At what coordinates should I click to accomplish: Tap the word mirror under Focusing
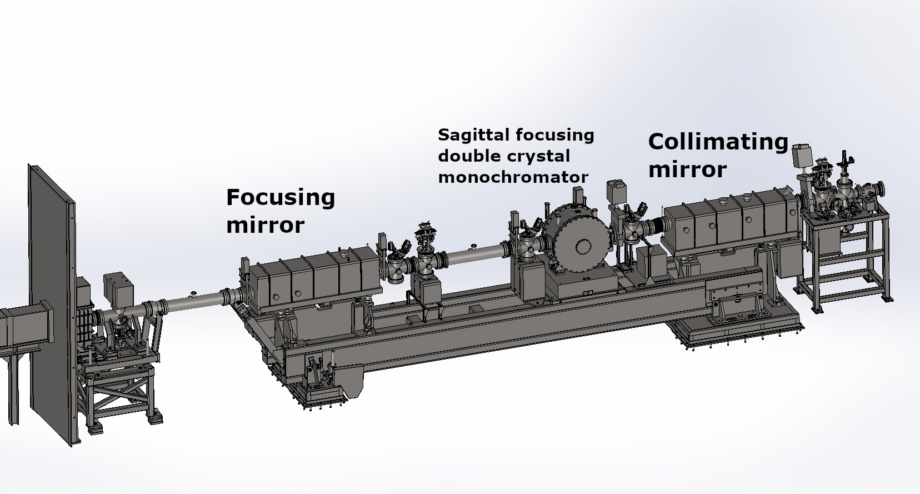pos(266,225)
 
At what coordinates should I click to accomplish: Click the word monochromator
pos(513,177)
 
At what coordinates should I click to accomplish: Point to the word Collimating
pos(718,143)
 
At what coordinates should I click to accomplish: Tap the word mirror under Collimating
pos(688,169)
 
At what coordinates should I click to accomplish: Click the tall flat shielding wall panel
pos(52,304)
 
